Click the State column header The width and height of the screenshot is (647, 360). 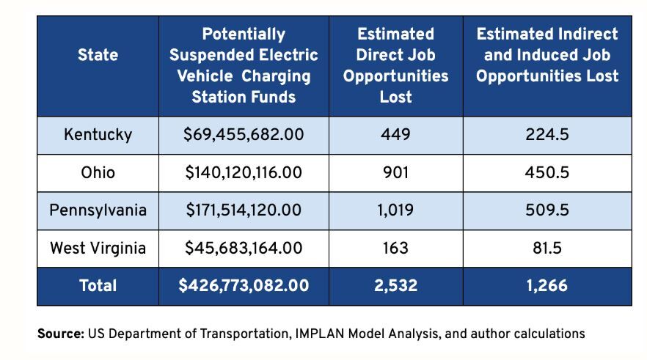[98, 55]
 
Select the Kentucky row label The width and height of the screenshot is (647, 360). [98, 135]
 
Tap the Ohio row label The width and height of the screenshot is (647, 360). [98, 173]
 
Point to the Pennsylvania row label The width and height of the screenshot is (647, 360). [98, 210]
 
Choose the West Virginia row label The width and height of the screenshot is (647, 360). [98, 249]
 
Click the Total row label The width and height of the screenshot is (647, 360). [98, 286]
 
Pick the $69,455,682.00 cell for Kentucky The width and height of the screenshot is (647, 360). [244, 135]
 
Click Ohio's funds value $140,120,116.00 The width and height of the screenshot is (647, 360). [244, 173]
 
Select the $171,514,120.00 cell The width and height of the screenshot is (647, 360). [244, 210]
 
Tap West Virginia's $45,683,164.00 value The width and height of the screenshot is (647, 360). [244, 249]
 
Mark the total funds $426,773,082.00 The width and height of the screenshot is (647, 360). [244, 286]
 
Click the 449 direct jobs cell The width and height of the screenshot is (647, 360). [395, 135]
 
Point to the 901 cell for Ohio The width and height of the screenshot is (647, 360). [395, 173]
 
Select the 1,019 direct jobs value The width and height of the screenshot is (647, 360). [395, 210]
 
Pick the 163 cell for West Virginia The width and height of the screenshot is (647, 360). [395, 249]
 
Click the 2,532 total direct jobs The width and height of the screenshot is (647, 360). [395, 286]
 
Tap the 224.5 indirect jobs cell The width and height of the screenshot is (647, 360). [547, 135]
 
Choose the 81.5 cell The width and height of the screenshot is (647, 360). [547, 249]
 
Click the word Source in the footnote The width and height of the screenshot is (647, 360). [60, 334]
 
